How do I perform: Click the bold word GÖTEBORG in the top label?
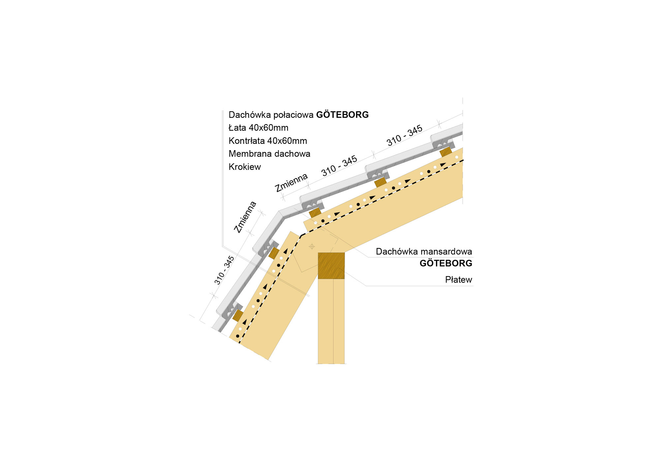[x=342, y=115]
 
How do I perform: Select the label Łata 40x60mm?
[x=259, y=128]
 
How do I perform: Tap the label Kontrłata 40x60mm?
[x=268, y=141]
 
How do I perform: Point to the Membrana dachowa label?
[x=269, y=154]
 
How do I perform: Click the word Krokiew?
[x=245, y=167]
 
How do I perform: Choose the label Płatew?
[x=458, y=280]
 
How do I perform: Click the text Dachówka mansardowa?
[x=424, y=252]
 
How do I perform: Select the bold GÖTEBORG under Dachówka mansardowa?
[x=446, y=263]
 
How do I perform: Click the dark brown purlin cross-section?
[x=331, y=266]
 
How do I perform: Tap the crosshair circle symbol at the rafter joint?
[x=312, y=246]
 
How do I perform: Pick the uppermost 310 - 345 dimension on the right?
[x=405, y=135]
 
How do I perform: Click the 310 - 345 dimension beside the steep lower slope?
[x=224, y=270]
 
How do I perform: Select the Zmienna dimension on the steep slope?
[x=245, y=217]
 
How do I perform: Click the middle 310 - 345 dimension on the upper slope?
[x=339, y=166]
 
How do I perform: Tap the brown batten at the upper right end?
[x=446, y=152]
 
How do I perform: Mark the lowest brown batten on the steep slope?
[x=238, y=315]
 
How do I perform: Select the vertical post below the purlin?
[x=331, y=321]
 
